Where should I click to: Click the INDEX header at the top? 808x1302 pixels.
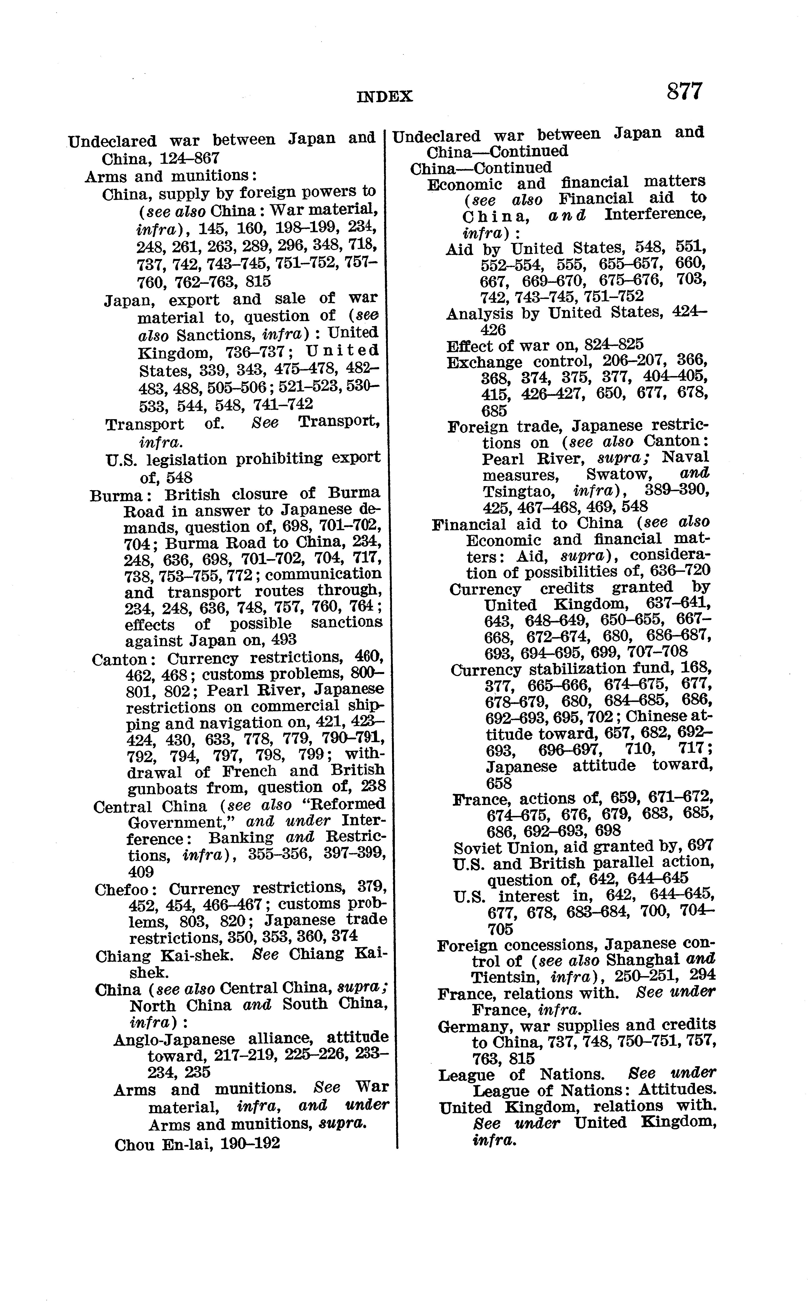click(385, 97)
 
